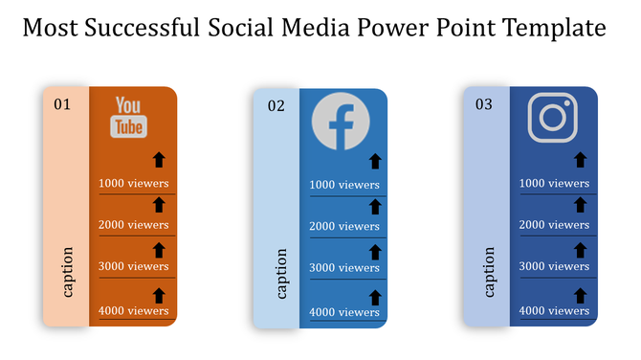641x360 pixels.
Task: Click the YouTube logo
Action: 129,117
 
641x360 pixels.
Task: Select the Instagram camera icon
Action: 553,118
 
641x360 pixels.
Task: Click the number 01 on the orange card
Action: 62,103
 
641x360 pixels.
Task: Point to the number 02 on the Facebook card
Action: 276,106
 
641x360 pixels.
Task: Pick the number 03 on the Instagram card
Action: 484,104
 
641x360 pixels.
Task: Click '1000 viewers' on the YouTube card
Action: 134,183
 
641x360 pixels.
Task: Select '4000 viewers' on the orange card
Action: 134,310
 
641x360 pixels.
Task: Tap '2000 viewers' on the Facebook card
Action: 344,227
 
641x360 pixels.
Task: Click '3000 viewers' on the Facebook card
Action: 344,268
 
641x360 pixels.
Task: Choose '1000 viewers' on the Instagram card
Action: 554,183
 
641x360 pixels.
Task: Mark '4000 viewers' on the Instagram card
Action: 554,310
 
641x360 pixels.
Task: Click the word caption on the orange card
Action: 68,273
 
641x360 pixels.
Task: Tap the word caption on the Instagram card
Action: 489,273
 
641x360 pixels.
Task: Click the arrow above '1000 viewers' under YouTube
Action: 160,160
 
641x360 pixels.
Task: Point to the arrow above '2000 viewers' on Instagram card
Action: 580,203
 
